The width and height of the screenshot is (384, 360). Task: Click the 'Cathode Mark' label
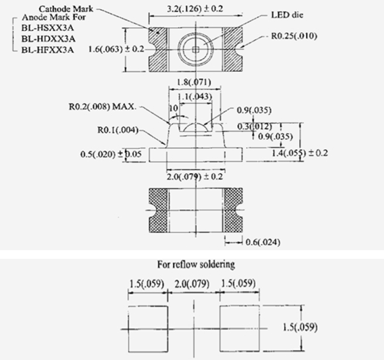click(66, 9)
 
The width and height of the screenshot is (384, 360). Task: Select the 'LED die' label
click(287, 15)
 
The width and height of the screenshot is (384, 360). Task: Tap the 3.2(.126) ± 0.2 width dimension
click(195, 9)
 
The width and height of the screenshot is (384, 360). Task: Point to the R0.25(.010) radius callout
click(294, 36)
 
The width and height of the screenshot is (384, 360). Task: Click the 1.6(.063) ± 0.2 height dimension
click(116, 49)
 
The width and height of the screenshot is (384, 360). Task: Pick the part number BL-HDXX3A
click(48, 39)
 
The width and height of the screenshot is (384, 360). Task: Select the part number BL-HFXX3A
click(47, 50)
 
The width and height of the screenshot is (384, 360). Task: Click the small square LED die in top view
click(196, 49)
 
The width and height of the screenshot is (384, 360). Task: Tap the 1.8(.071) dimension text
click(194, 82)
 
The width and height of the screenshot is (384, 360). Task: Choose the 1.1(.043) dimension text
click(194, 96)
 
